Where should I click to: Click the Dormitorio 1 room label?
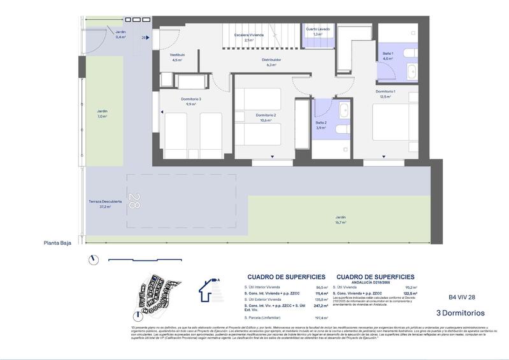click(385, 92)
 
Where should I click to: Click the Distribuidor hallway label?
click(271, 59)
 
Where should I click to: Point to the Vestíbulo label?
click(176, 55)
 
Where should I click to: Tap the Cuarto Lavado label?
click(318, 29)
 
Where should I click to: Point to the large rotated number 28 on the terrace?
click(133, 201)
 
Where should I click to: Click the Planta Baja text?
click(57, 242)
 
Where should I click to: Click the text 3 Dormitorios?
click(460, 313)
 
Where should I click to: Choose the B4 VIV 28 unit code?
click(462, 297)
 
